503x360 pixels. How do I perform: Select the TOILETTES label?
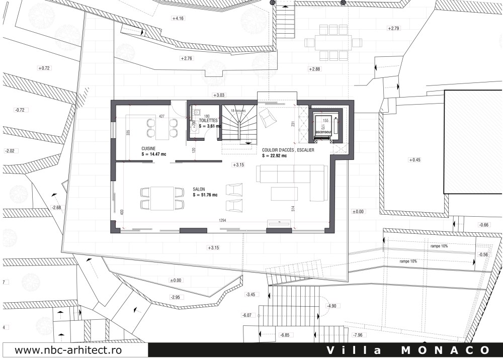tap(208, 121)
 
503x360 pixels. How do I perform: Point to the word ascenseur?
tap(322, 132)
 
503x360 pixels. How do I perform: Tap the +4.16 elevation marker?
tap(178, 18)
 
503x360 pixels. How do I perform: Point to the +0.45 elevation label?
tap(414, 160)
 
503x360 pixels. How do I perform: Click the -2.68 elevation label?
tap(56, 207)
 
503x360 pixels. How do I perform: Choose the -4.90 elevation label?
tap(332, 306)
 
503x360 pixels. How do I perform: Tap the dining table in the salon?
tap(161, 198)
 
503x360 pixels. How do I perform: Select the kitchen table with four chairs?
tap(162, 128)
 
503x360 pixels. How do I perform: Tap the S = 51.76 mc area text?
tap(205, 195)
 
